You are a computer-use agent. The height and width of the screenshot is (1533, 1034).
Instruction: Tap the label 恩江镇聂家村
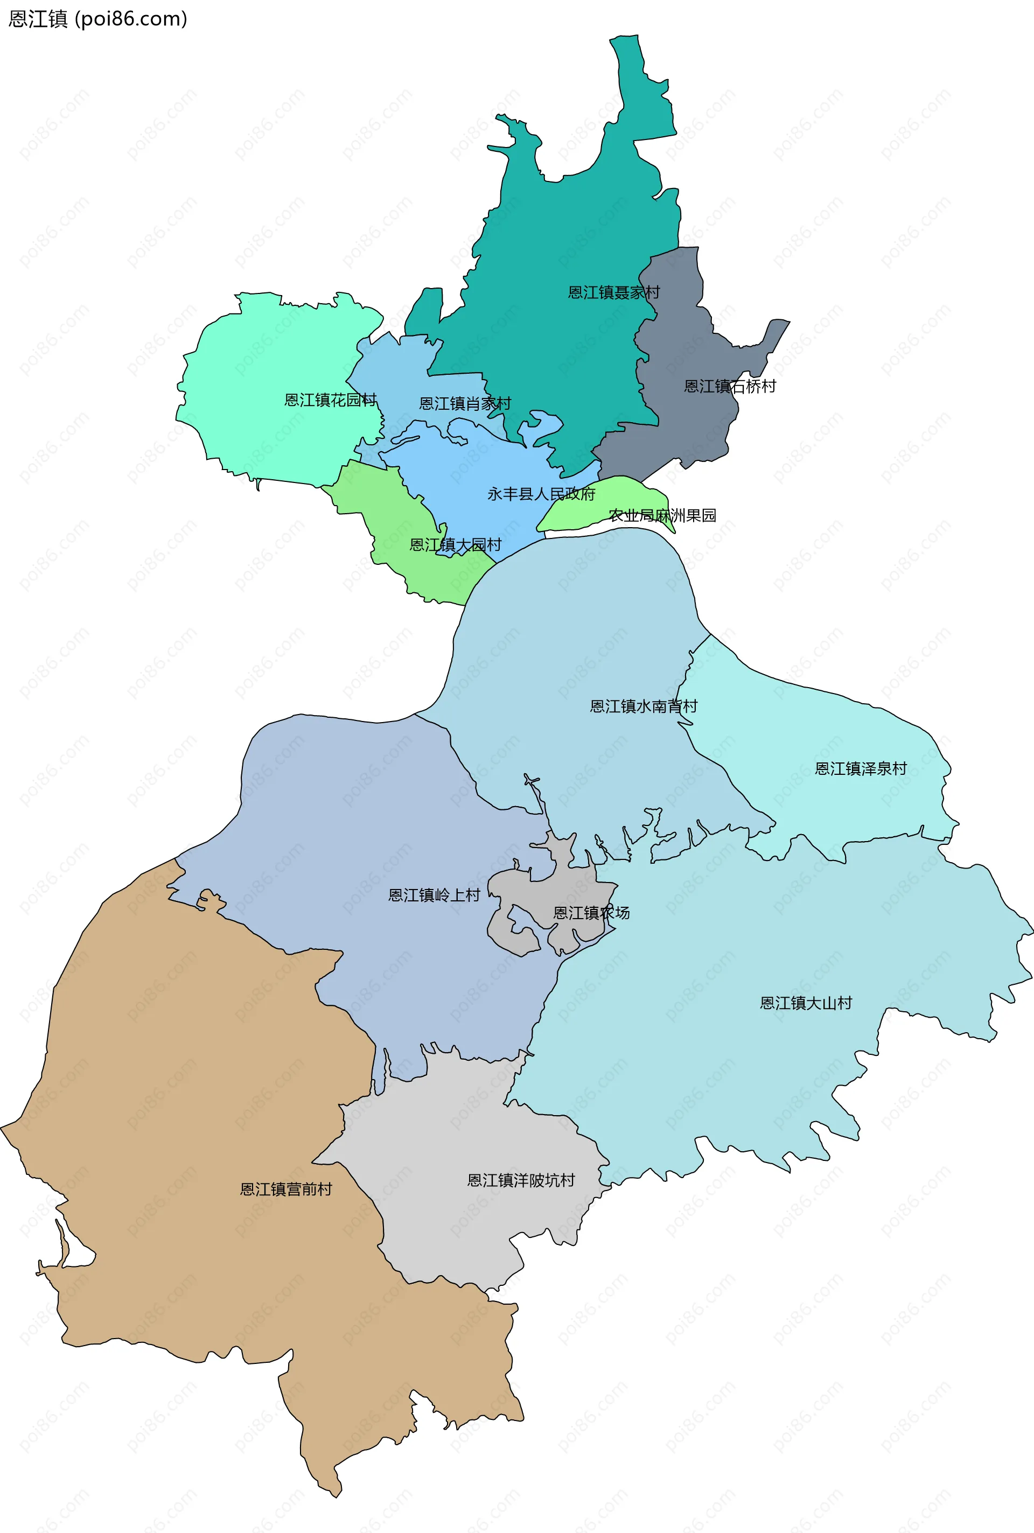click(x=613, y=292)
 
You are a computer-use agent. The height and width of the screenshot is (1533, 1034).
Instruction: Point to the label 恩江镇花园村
click(x=330, y=400)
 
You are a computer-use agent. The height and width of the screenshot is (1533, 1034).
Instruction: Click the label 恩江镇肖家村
click(x=465, y=403)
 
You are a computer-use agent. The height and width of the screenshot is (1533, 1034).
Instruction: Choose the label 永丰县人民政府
click(x=541, y=494)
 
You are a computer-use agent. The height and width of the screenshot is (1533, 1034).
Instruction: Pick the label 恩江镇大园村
click(x=455, y=544)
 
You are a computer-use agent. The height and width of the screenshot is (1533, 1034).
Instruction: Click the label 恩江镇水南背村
click(x=643, y=706)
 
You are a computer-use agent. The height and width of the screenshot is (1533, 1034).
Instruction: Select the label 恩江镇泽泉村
click(x=861, y=769)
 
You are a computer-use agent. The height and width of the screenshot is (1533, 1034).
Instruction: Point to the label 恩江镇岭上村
click(x=434, y=895)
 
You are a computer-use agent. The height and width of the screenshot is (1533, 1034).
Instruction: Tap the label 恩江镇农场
click(x=591, y=913)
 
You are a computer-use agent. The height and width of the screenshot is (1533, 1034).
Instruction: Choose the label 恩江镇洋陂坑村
click(x=521, y=1180)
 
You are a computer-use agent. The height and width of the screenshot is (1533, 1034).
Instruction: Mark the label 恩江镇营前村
click(x=285, y=1189)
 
